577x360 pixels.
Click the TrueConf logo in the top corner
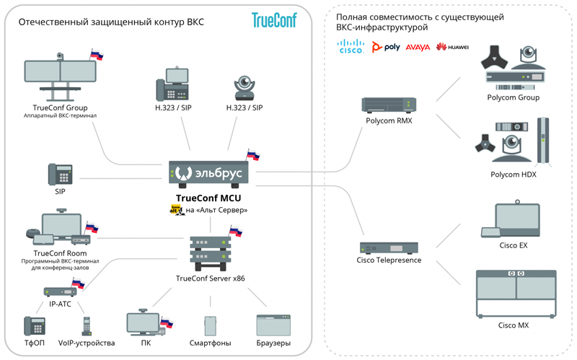click(x=274, y=20)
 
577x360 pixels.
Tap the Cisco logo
click(x=351, y=46)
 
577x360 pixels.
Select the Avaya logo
click(x=418, y=47)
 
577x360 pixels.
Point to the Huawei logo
click(x=452, y=47)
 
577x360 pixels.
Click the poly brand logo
click(x=386, y=47)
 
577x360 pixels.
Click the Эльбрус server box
click(x=208, y=172)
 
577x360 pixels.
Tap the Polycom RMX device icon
click(x=389, y=105)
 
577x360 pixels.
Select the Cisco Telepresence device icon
click(x=389, y=247)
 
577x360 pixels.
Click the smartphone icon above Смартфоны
click(x=210, y=326)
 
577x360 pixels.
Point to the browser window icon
click(x=273, y=325)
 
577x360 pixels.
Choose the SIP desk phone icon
click(x=61, y=174)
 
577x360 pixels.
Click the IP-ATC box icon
click(x=61, y=292)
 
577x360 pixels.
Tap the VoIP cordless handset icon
click(x=87, y=326)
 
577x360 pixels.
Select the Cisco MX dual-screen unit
click(x=516, y=294)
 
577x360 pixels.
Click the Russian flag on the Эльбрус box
click(x=253, y=155)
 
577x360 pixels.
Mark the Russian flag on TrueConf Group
click(x=97, y=55)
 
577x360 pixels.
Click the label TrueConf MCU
click(x=208, y=198)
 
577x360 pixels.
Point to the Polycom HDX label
click(x=514, y=175)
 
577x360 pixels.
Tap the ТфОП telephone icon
click(x=35, y=326)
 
